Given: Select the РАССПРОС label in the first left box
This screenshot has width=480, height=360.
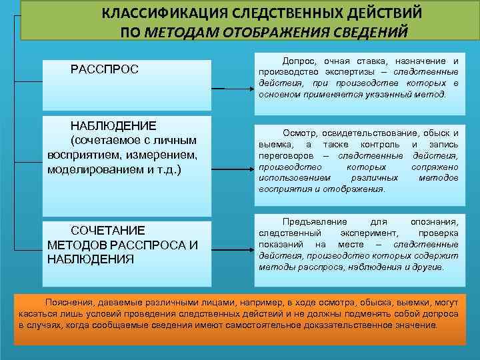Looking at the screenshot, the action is coord(105,69).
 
